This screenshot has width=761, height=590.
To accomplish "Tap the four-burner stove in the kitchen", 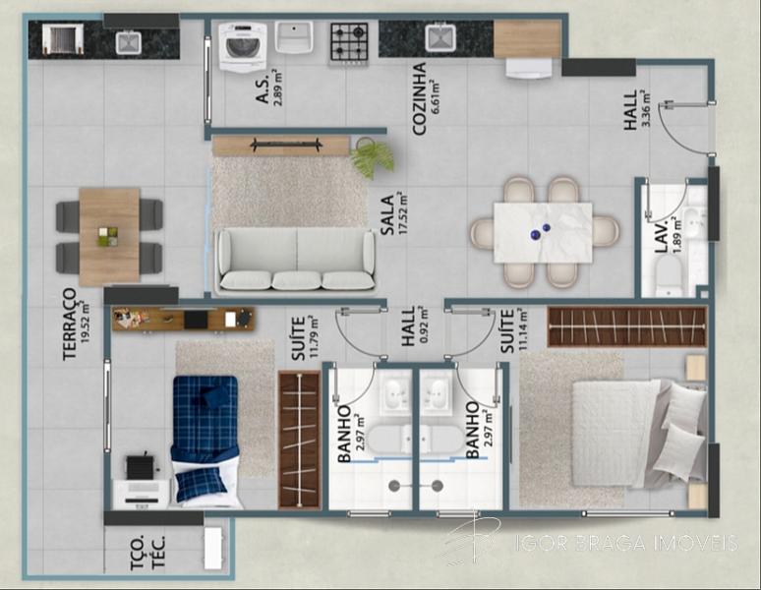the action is pos(349,42).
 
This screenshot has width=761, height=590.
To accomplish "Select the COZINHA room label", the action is pos(419,98).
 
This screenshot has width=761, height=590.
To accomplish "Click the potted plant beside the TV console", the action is pos(373,157).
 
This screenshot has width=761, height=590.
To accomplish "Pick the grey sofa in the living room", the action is pos(296,260).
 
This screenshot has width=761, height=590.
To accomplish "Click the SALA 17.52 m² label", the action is pos(393,214).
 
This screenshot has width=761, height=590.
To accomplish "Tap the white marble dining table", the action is pos(543,232).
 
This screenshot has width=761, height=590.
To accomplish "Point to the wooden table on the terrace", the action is pos(109,236).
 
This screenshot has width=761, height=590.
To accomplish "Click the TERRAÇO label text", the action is pos(70,324).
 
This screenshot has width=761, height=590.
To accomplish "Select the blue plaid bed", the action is pos(205,440).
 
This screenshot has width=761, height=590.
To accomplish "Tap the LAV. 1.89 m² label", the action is pos(669,235).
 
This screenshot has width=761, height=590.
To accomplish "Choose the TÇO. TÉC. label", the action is pos(147,553).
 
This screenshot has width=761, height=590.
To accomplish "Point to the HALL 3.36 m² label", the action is pos(636,110).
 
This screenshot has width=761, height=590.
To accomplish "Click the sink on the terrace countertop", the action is pos(129,41).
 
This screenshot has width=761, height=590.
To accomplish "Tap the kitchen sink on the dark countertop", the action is pos(440,37).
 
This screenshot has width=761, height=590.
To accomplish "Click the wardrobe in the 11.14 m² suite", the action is pos(627,326).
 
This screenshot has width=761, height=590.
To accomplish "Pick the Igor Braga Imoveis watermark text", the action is pos(626,543).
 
